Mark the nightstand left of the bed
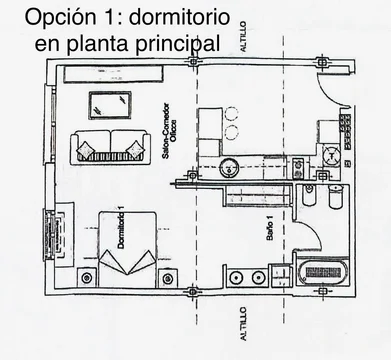(86, 277)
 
